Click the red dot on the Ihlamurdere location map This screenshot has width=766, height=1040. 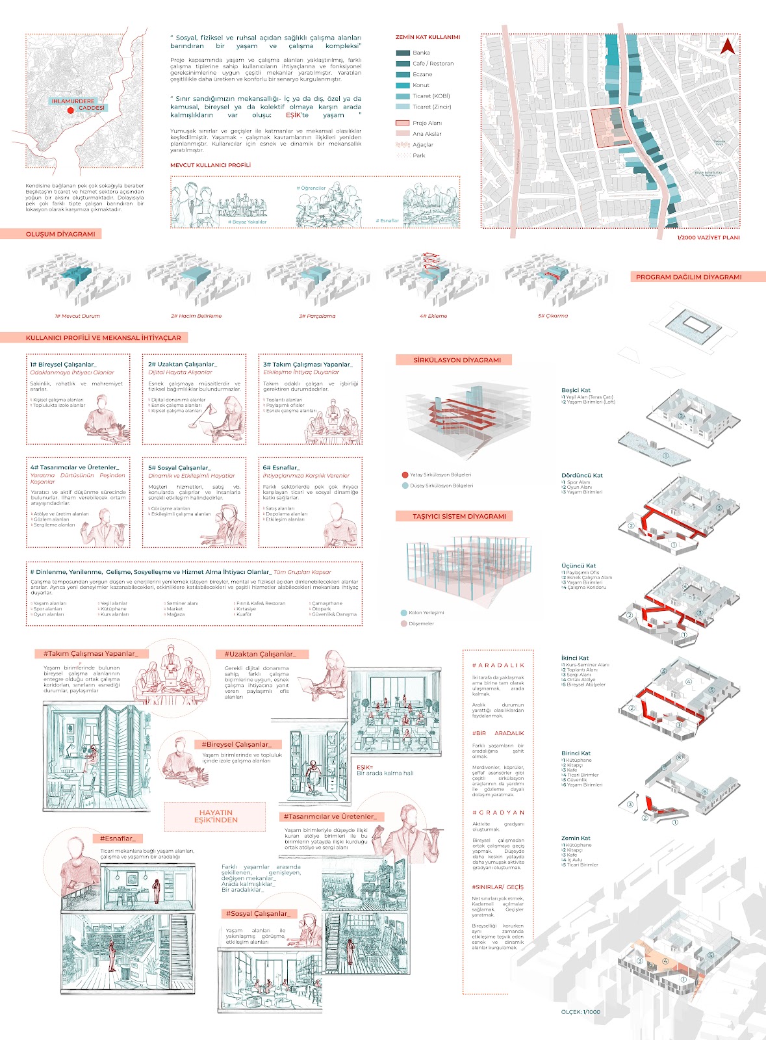[x=71, y=110]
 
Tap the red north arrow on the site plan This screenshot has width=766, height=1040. [x=728, y=45]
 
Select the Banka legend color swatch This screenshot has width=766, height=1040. [x=403, y=53]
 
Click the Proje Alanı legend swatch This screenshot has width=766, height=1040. [x=403, y=123]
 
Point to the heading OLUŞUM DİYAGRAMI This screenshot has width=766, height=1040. [x=60, y=234]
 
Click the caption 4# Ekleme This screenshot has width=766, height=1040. [x=433, y=316]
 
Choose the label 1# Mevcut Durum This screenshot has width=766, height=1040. [x=77, y=316]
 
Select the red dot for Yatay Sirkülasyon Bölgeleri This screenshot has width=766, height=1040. [x=405, y=475]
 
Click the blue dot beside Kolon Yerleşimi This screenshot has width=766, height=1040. [x=403, y=613]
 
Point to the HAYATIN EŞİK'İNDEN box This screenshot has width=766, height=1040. [x=216, y=816]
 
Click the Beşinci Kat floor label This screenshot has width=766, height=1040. [x=576, y=390]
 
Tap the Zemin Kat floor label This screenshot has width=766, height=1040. [x=576, y=838]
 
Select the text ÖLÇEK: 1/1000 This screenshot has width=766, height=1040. [x=580, y=1012]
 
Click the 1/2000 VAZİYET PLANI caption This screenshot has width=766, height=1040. [x=708, y=238]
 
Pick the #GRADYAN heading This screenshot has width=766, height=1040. [x=498, y=812]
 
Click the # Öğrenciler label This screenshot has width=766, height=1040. [x=311, y=188]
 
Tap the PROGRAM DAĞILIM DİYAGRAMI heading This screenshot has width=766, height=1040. [x=688, y=277]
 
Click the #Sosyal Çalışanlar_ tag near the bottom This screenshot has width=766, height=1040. [x=259, y=914]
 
